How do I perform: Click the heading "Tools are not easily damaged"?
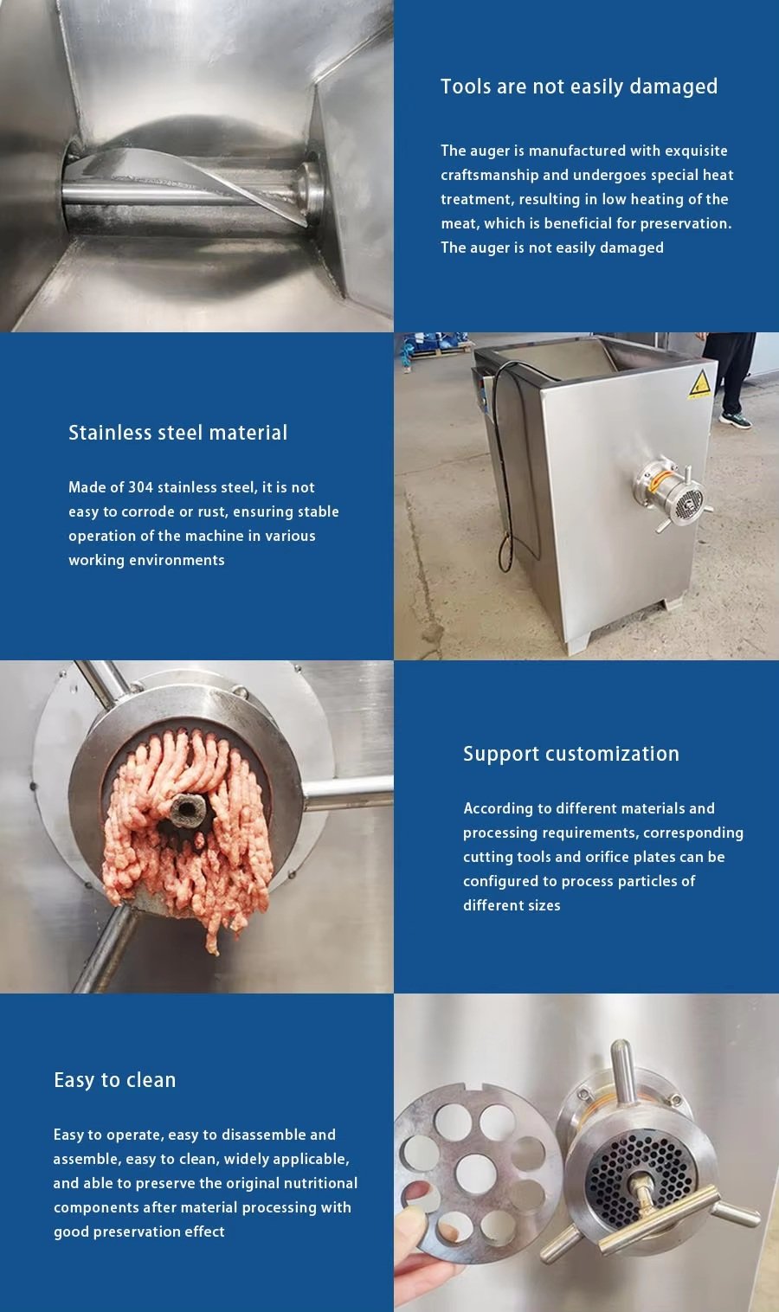579,87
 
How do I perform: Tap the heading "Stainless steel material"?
178,433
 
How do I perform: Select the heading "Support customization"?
571,754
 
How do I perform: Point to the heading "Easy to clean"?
115,1080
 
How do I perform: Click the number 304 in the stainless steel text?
140,487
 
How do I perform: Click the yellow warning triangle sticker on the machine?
700,385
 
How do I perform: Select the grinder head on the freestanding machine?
672,495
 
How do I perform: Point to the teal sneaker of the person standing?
735,420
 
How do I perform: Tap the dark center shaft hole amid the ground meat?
188,809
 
